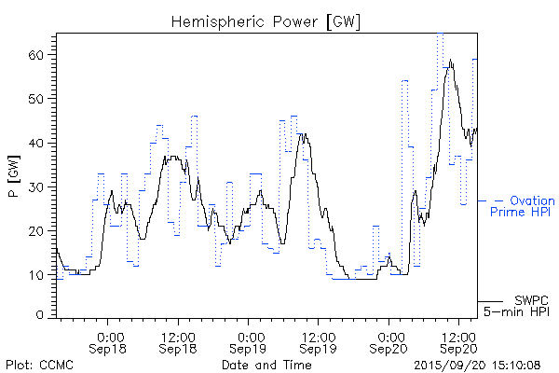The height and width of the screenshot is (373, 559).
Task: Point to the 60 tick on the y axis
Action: click(38, 55)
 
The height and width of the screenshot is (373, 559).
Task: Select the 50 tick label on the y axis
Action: click(38, 99)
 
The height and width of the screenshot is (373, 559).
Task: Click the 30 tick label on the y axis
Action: click(38, 186)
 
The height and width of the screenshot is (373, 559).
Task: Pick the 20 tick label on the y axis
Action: click(38, 230)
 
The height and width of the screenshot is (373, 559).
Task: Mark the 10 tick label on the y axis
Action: click(38, 274)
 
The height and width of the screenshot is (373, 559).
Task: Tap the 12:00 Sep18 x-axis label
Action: click(178, 341)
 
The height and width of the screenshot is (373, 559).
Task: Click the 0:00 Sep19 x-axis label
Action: click(249, 341)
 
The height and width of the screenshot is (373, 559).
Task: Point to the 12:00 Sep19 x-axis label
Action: click(318, 341)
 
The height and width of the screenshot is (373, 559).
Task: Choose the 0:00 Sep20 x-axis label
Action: click(389, 341)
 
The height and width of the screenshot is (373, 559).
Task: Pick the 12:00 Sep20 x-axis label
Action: click(457, 341)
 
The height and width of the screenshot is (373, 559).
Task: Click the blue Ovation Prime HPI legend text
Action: click(523, 206)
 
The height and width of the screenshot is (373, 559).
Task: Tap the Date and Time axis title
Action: click(266, 365)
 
